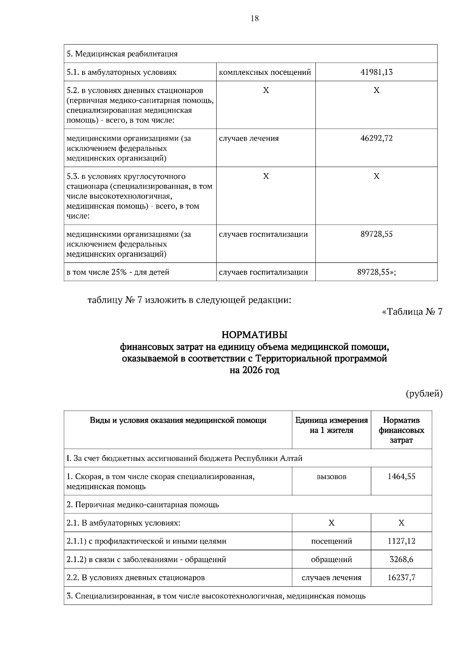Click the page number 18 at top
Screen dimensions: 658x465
click(255, 18)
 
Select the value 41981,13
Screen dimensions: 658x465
click(376, 72)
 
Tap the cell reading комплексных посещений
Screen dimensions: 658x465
click(265, 72)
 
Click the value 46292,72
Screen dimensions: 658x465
click(376, 138)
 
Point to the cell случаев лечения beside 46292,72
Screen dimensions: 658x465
click(249, 138)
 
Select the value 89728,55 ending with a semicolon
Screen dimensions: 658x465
click(376, 272)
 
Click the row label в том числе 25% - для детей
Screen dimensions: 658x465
click(118, 272)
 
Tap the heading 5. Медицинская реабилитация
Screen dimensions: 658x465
click(122, 54)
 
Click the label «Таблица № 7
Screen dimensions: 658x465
click(412, 312)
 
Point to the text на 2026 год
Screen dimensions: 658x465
click(254, 370)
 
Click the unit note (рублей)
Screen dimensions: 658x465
click(424, 394)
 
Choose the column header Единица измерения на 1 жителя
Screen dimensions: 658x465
click(331, 425)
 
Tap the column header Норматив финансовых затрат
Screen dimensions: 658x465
click(401, 430)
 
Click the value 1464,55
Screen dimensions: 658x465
click(401, 477)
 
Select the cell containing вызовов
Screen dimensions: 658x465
click(331, 477)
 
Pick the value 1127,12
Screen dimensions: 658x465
click(401, 541)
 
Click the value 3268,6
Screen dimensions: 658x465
click(401, 559)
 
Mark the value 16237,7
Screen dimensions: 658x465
click(401, 577)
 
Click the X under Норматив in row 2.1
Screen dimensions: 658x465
click(401, 523)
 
